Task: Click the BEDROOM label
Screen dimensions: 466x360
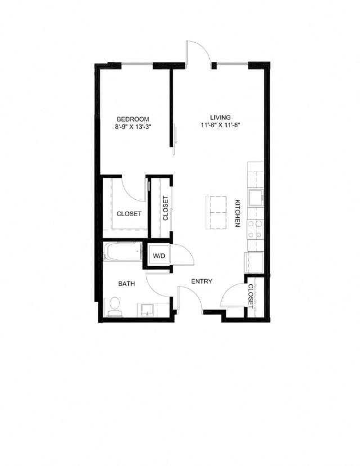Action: click(x=133, y=119)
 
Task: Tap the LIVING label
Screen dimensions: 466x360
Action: click(x=220, y=118)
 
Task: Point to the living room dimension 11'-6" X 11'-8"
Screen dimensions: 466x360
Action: click(x=220, y=126)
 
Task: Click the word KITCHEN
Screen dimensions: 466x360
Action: click(x=237, y=213)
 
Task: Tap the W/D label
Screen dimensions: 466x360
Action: click(x=159, y=256)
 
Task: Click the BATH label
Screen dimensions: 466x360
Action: click(x=127, y=284)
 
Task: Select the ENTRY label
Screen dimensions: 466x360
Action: click(x=201, y=281)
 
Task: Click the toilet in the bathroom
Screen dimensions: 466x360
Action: click(x=115, y=307)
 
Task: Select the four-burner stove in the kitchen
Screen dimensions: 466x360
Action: click(x=255, y=229)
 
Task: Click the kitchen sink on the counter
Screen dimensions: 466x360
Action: click(x=255, y=197)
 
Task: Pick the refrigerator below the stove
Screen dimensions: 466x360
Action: click(x=254, y=262)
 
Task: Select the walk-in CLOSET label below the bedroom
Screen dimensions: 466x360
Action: click(x=129, y=214)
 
